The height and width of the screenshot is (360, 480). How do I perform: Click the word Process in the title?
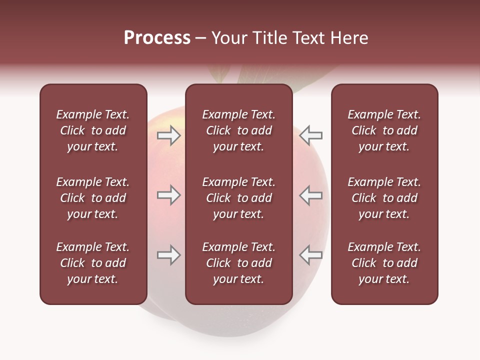(157, 38)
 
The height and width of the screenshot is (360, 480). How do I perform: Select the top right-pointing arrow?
(168, 135)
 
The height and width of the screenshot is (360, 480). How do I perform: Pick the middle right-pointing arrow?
(168, 195)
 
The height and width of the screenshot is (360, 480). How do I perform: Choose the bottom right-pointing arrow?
(168, 255)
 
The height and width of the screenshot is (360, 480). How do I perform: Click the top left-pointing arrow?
(311, 135)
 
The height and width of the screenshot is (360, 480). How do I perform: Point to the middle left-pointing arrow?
(311, 195)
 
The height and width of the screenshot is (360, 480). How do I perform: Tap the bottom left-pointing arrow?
(311, 255)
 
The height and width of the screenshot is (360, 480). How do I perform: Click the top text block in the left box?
(93, 130)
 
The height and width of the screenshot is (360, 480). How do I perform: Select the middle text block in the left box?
(93, 198)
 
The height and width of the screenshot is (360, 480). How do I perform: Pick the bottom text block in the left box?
(93, 263)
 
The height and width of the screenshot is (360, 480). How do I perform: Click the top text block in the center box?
(238, 130)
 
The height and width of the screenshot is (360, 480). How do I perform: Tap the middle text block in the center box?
(238, 198)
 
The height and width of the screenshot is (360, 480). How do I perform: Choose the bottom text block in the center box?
(238, 263)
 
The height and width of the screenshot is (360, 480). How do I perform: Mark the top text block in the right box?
(384, 130)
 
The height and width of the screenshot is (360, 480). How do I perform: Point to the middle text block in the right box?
(384, 198)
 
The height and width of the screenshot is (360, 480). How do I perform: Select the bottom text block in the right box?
(384, 263)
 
